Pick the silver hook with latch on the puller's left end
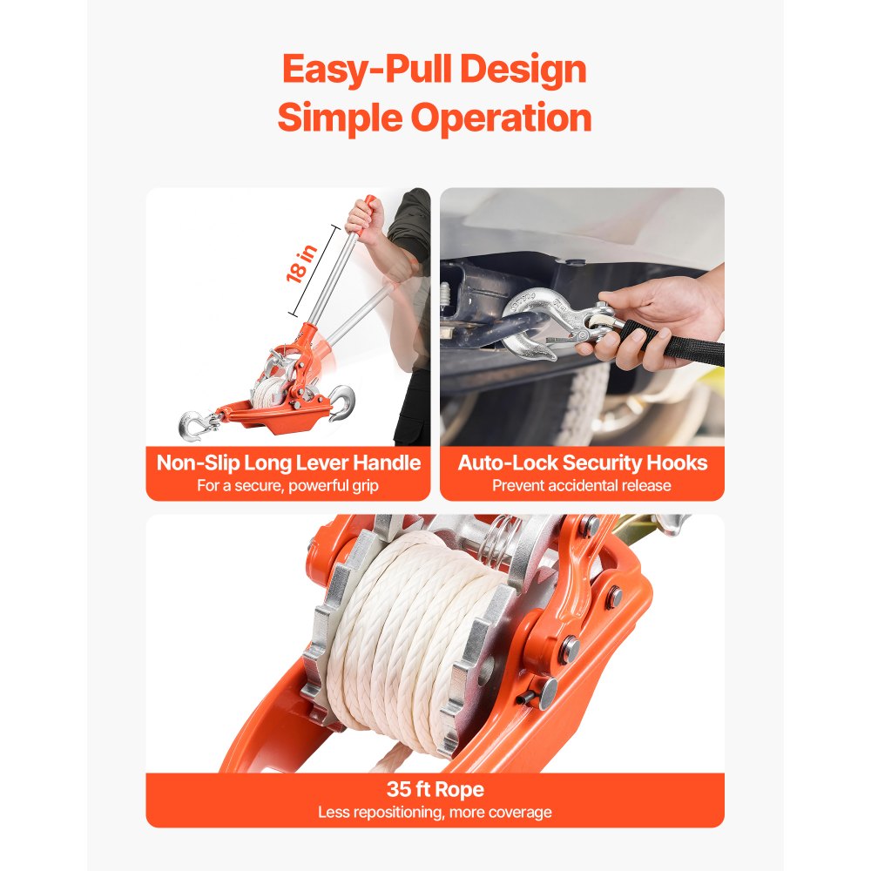194,424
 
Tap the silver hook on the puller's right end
342,403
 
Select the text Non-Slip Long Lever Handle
288,463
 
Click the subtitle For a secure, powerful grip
288,485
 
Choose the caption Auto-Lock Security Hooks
581,463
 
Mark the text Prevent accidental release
581,485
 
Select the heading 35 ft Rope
435,790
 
